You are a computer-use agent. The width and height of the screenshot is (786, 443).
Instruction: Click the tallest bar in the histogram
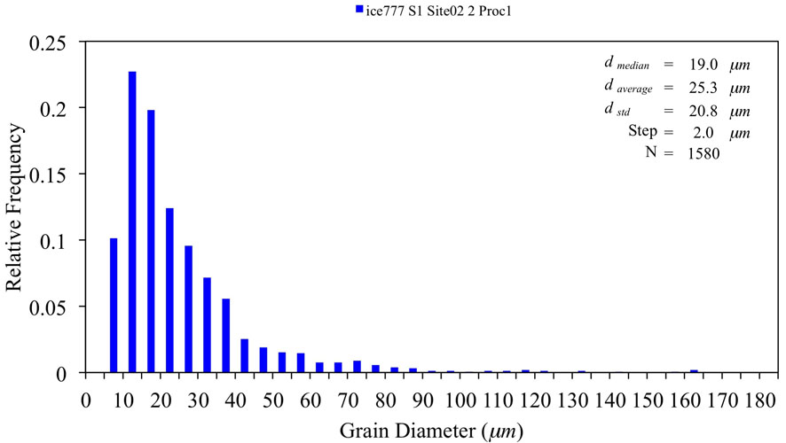[132, 221]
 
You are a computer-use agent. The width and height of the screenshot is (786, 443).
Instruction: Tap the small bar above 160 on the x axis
[694, 371]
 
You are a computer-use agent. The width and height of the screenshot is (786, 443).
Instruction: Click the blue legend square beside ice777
[359, 10]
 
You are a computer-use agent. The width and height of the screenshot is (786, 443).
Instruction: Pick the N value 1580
[701, 153]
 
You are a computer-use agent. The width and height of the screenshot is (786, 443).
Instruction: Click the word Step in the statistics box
[641, 132]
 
